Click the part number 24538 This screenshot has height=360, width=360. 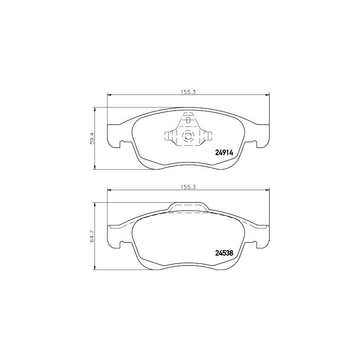(223, 253)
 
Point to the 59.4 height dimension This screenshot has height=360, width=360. (91, 138)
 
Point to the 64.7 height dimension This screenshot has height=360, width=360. (91, 236)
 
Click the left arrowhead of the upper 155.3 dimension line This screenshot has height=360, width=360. (109, 94)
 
